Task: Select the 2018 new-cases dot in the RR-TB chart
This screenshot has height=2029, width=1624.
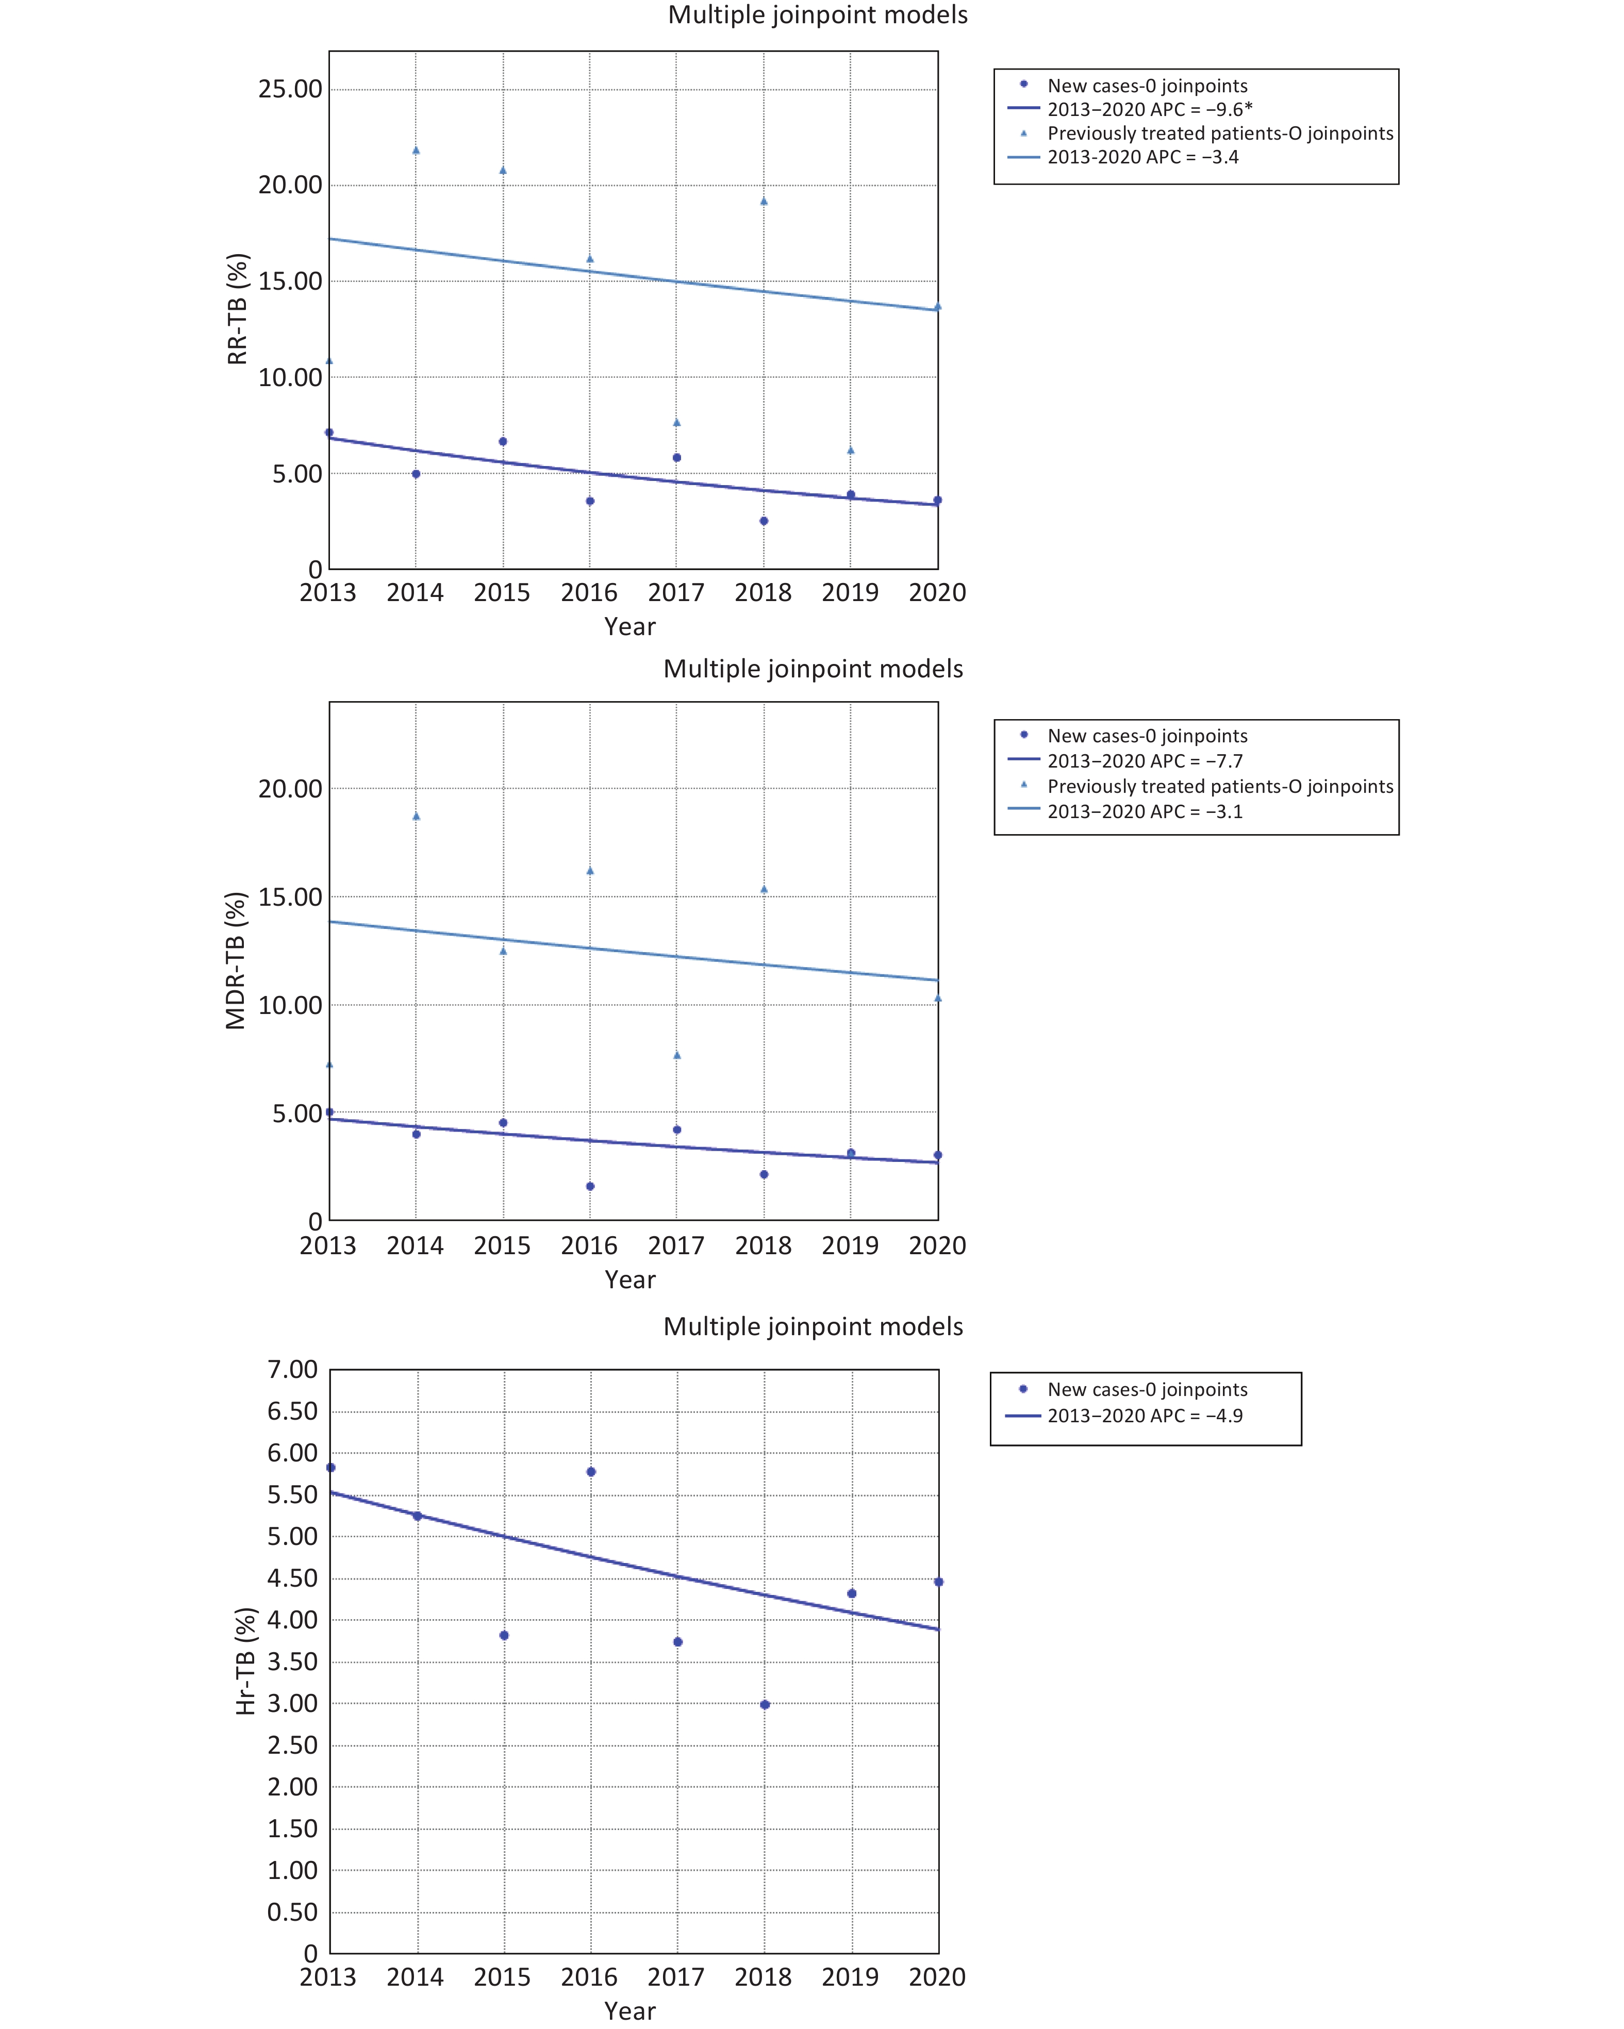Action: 764,521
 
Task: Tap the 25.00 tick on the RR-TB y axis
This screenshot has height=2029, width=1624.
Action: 290,89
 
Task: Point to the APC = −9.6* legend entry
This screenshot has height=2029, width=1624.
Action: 1149,109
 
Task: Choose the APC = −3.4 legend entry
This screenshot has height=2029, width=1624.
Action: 1142,157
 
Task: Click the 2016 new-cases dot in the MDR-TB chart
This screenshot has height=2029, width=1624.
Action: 590,1186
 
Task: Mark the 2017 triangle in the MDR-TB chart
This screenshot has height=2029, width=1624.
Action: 677,1055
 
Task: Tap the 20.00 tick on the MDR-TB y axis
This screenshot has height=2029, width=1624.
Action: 290,789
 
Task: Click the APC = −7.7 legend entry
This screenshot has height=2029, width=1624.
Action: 1144,760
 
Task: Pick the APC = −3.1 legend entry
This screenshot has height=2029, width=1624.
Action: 1144,811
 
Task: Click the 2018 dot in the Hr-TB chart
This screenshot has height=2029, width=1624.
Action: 765,1704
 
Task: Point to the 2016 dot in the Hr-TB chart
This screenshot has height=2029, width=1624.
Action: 591,1471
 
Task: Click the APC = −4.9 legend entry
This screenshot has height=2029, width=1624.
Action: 1144,1416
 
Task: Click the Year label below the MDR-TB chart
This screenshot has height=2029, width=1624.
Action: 630,1280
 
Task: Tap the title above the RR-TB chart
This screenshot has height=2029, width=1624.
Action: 817,15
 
